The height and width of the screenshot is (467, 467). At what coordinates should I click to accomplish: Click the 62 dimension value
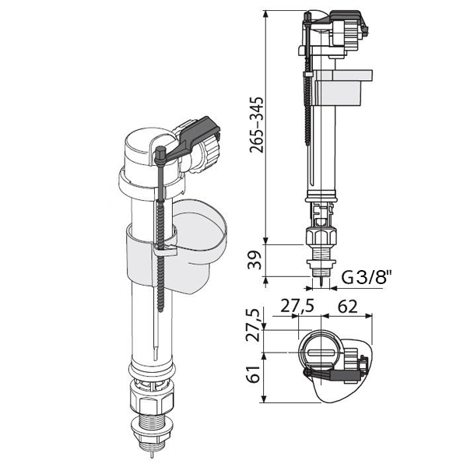click(x=347, y=306)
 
